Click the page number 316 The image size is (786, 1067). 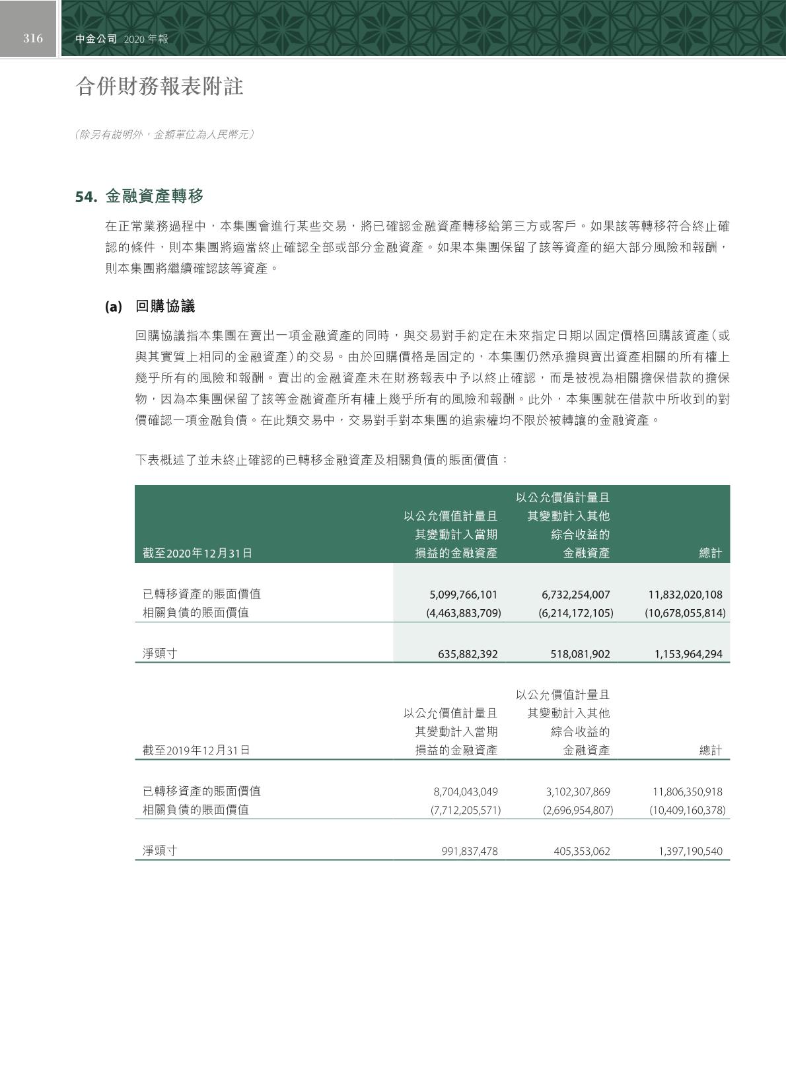pos(33,38)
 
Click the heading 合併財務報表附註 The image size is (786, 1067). pos(160,87)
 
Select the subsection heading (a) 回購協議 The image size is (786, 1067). pos(150,307)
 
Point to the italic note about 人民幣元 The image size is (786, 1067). pos(165,135)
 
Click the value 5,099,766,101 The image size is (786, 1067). pos(464,595)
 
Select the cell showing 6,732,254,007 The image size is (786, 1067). pos(576,595)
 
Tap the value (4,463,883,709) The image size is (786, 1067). pos(464,613)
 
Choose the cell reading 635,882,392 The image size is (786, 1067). pos(468,655)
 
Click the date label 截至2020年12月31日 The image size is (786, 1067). pos(197,554)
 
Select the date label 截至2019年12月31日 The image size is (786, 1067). pos(196,751)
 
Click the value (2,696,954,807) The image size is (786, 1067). pos(576,810)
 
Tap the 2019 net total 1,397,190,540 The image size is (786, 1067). pos(690,852)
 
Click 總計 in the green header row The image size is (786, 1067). pos(711,554)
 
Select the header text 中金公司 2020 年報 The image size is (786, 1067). pos(122,39)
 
